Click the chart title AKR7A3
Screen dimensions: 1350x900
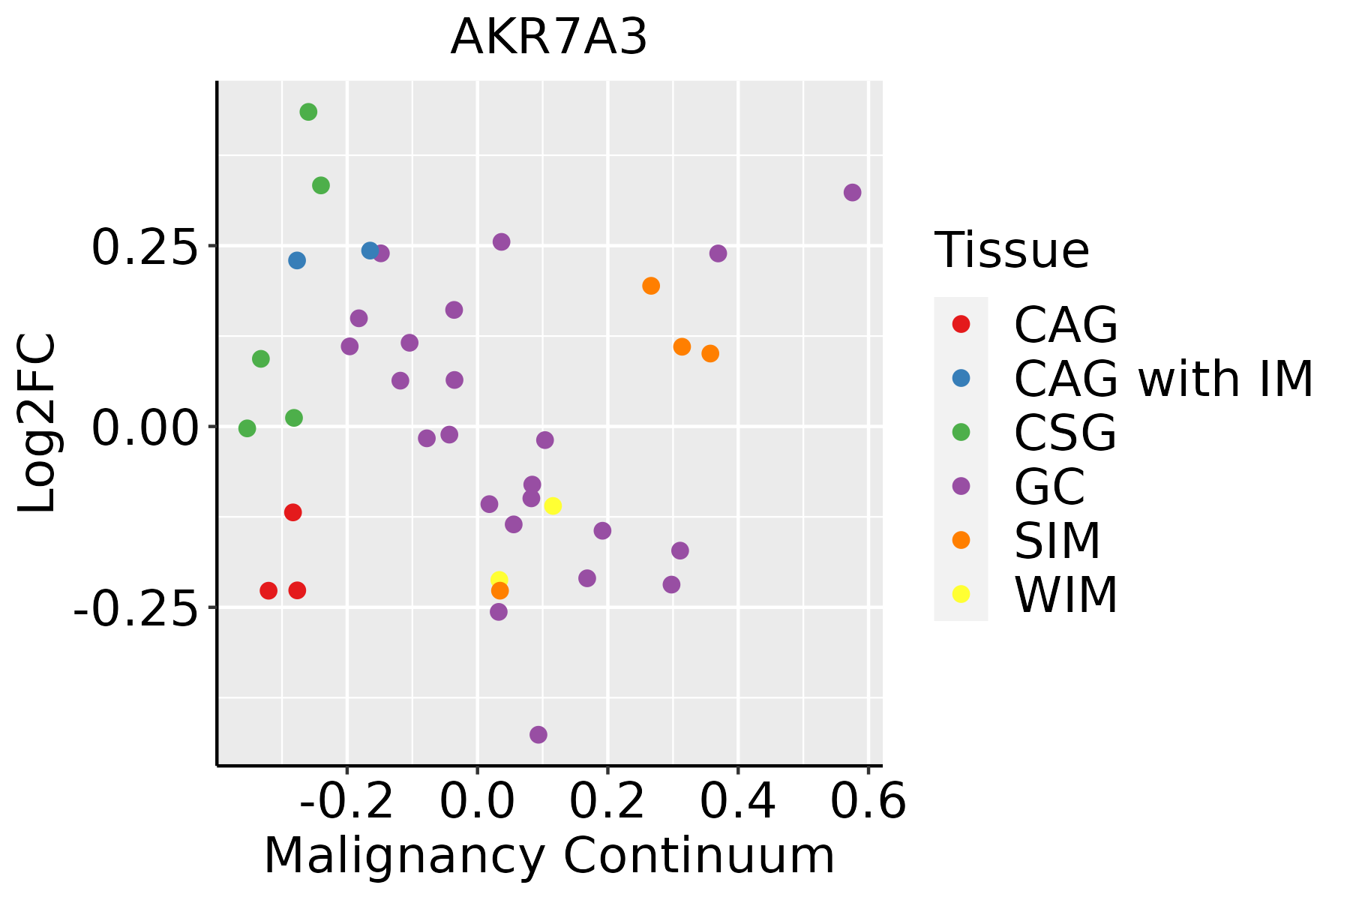pos(548,37)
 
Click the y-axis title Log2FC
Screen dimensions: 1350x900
pos(37,424)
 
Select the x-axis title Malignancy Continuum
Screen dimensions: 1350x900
pos(549,856)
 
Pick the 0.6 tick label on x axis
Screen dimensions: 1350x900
pos(868,802)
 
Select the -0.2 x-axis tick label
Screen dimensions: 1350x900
pos(347,802)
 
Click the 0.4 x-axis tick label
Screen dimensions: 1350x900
pos(738,802)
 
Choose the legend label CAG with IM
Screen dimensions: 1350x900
pos(1163,379)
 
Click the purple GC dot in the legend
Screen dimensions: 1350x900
pos(961,486)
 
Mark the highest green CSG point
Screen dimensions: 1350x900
pos(308,112)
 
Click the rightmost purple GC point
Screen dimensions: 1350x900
pos(852,193)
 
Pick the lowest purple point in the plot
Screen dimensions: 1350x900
pos(538,734)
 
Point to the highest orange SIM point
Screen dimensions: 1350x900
pos(651,286)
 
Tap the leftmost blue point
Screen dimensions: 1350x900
pos(297,260)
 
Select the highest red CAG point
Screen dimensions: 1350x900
pos(293,512)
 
